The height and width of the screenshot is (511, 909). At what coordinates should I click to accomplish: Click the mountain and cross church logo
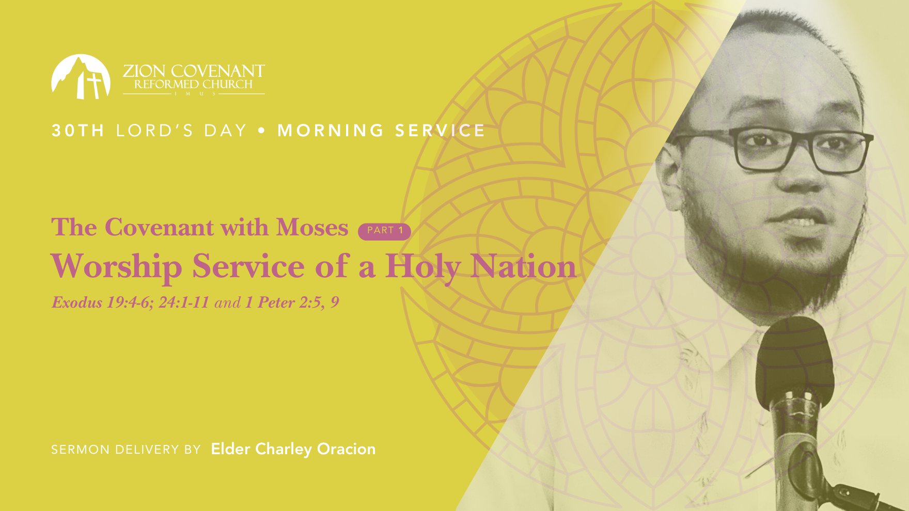click(x=81, y=77)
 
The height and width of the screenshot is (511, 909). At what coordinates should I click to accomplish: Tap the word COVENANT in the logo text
click(x=218, y=71)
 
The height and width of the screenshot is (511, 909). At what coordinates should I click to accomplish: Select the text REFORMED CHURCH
click(x=194, y=84)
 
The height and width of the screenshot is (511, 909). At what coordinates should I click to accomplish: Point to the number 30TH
click(x=78, y=131)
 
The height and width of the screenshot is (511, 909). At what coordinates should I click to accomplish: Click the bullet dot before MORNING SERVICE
click(x=262, y=131)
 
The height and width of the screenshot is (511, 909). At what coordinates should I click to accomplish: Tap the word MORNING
click(x=331, y=131)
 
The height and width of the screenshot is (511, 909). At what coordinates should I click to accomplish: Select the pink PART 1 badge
click(x=384, y=231)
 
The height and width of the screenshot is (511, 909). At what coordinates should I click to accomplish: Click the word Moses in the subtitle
click(x=312, y=228)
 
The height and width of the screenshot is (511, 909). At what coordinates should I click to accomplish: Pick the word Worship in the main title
click(x=116, y=267)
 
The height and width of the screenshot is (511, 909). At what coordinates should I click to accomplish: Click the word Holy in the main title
click(x=423, y=267)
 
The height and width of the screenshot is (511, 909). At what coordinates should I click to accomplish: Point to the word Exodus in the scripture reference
click(x=77, y=302)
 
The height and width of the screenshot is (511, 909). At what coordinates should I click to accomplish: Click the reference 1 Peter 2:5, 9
click(x=292, y=302)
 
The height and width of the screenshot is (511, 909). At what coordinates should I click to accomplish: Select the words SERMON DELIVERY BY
click(x=126, y=450)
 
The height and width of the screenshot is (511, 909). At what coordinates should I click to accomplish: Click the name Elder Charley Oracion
click(x=293, y=449)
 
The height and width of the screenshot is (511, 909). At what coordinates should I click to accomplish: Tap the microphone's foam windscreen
click(x=794, y=356)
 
